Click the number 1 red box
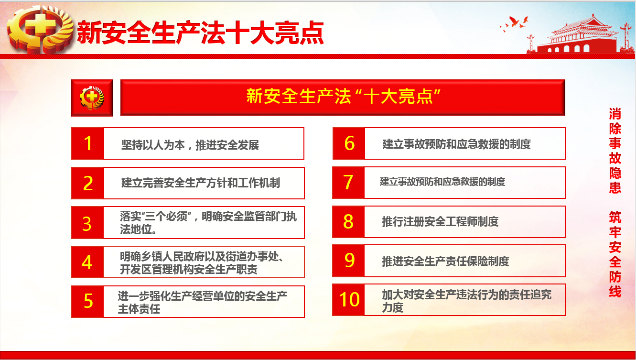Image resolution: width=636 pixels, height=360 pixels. [88, 143]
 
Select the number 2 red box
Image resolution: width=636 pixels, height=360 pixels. [88, 183]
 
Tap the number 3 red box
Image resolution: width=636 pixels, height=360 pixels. [87, 222]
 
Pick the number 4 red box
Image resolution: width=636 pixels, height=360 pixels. [87, 262]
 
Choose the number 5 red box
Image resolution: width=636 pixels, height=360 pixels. [87, 302]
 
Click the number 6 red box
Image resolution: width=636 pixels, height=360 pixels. [349, 143]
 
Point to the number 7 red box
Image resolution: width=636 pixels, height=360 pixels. [348, 183]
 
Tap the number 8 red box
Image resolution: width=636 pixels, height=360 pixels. [348, 222]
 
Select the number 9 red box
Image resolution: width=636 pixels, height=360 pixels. [348, 261]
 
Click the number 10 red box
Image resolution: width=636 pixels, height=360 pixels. [348, 300]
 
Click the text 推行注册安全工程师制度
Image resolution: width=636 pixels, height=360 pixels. [440, 222]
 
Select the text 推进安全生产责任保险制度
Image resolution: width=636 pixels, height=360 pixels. [445, 261]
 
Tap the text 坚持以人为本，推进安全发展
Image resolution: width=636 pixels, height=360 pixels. [190, 145]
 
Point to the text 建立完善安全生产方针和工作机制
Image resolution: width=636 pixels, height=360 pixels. [201, 183]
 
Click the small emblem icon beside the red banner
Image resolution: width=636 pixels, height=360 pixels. [92, 98]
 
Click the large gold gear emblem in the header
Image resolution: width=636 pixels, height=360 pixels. [40, 30]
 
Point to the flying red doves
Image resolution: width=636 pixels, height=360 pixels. [514, 23]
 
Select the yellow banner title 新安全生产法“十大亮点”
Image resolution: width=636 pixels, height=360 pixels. [343, 96]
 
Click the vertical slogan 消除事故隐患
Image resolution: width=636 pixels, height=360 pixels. [615, 151]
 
